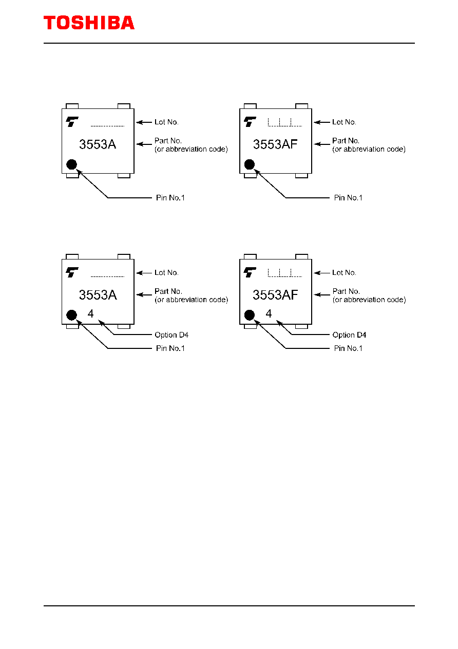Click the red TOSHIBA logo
point(89,23)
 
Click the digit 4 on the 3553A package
point(90,313)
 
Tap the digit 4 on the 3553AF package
point(269,313)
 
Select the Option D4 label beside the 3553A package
point(171,335)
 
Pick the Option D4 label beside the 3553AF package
point(349,335)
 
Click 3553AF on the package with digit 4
point(275,295)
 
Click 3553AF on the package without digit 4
point(275,144)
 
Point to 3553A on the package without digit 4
point(98,144)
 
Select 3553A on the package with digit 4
point(98,295)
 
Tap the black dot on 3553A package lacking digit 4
point(71,164)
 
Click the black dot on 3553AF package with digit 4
point(249,315)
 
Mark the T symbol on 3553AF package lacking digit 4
point(250,122)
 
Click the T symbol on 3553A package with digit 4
point(72,272)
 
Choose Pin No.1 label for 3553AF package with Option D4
point(348,348)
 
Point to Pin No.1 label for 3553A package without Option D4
point(170,198)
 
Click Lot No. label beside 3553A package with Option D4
point(166,273)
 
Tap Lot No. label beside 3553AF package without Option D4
point(344,122)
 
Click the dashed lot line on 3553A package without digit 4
point(107,126)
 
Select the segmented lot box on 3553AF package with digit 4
point(285,273)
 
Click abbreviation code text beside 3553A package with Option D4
point(192,300)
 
